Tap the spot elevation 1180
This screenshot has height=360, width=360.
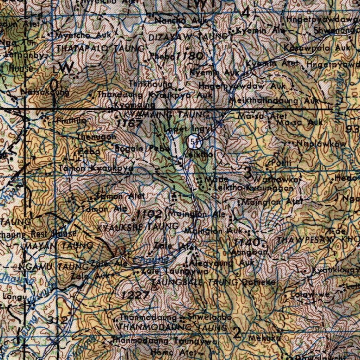click(x=190, y=56)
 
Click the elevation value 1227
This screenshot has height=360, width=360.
click(x=136, y=295)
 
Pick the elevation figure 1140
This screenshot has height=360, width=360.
click(x=247, y=242)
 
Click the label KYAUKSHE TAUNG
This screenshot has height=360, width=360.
click(x=137, y=227)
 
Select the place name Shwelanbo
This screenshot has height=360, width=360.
click(x=210, y=317)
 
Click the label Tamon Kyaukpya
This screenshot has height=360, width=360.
click(x=96, y=168)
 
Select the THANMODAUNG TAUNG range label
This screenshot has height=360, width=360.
click(x=173, y=327)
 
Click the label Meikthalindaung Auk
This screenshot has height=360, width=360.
click(x=274, y=101)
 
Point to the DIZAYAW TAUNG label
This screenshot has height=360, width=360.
click(x=188, y=37)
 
